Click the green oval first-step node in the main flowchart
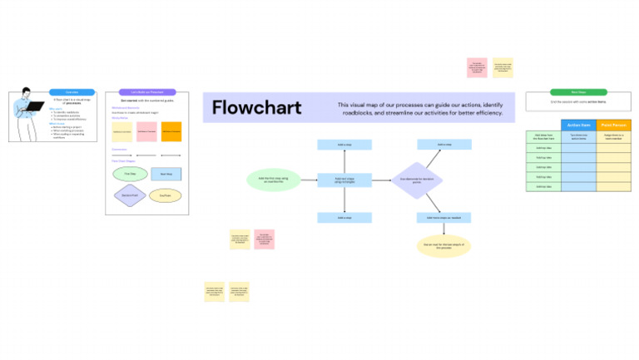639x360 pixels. pyautogui.click(x=274, y=180)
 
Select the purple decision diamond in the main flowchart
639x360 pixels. pyautogui.click(x=417, y=180)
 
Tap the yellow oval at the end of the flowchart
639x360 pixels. pyautogui.click(x=443, y=246)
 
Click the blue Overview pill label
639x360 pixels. pyautogui.click(x=65, y=91)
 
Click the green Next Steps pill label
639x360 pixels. pyautogui.click(x=578, y=91)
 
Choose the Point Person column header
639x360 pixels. pyautogui.click(x=614, y=126)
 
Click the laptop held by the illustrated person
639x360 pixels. pyautogui.click(x=36, y=106)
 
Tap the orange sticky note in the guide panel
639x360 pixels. pyautogui.click(x=171, y=131)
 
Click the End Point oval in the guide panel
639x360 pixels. pyautogui.click(x=166, y=196)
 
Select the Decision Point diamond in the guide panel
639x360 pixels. pyautogui.click(x=129, y=196)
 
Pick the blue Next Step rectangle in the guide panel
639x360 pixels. pyautogui.click(x=166, y=175)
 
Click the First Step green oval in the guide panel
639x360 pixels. pyautogui.click(x=129, y=175)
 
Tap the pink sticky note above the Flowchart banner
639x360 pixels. pyautogui.click(x=477, y=67)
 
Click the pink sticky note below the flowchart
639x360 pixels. pyautogui.click(x=265, y=239)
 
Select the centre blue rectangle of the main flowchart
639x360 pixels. pyautogui.click(x=344, y=180)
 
